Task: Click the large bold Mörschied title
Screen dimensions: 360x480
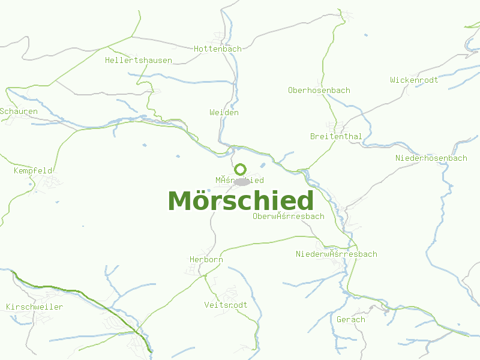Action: click(x=241, y=201)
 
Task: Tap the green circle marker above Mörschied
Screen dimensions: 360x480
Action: click(x=240, y=169)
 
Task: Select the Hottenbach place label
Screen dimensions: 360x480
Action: click(x=217, y=49)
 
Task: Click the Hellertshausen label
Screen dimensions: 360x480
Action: click(x=138, y=60)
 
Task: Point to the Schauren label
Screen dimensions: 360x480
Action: click(x=19, y=111)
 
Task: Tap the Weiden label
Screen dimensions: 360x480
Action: click(x=224, y=112)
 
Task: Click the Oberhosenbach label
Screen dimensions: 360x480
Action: click(x=319, y=90)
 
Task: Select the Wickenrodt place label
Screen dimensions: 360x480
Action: click(x=414, y=80)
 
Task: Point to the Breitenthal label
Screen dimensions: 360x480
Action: click(x=336, y=136)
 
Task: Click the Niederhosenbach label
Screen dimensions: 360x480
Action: click(x=431, y=158)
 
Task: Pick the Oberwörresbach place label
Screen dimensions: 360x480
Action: click(x=289, y=216)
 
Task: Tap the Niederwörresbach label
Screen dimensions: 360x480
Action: click(x=336, y=254)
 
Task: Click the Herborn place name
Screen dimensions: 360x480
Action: click(x=206, y=259)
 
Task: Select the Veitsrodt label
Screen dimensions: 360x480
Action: click(x=226, y=305)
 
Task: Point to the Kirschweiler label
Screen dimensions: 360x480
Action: click(x=34, y=307)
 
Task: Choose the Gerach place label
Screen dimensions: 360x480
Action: click(x=350, y=319)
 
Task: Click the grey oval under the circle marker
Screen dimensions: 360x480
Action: click(x=242, y=181)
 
